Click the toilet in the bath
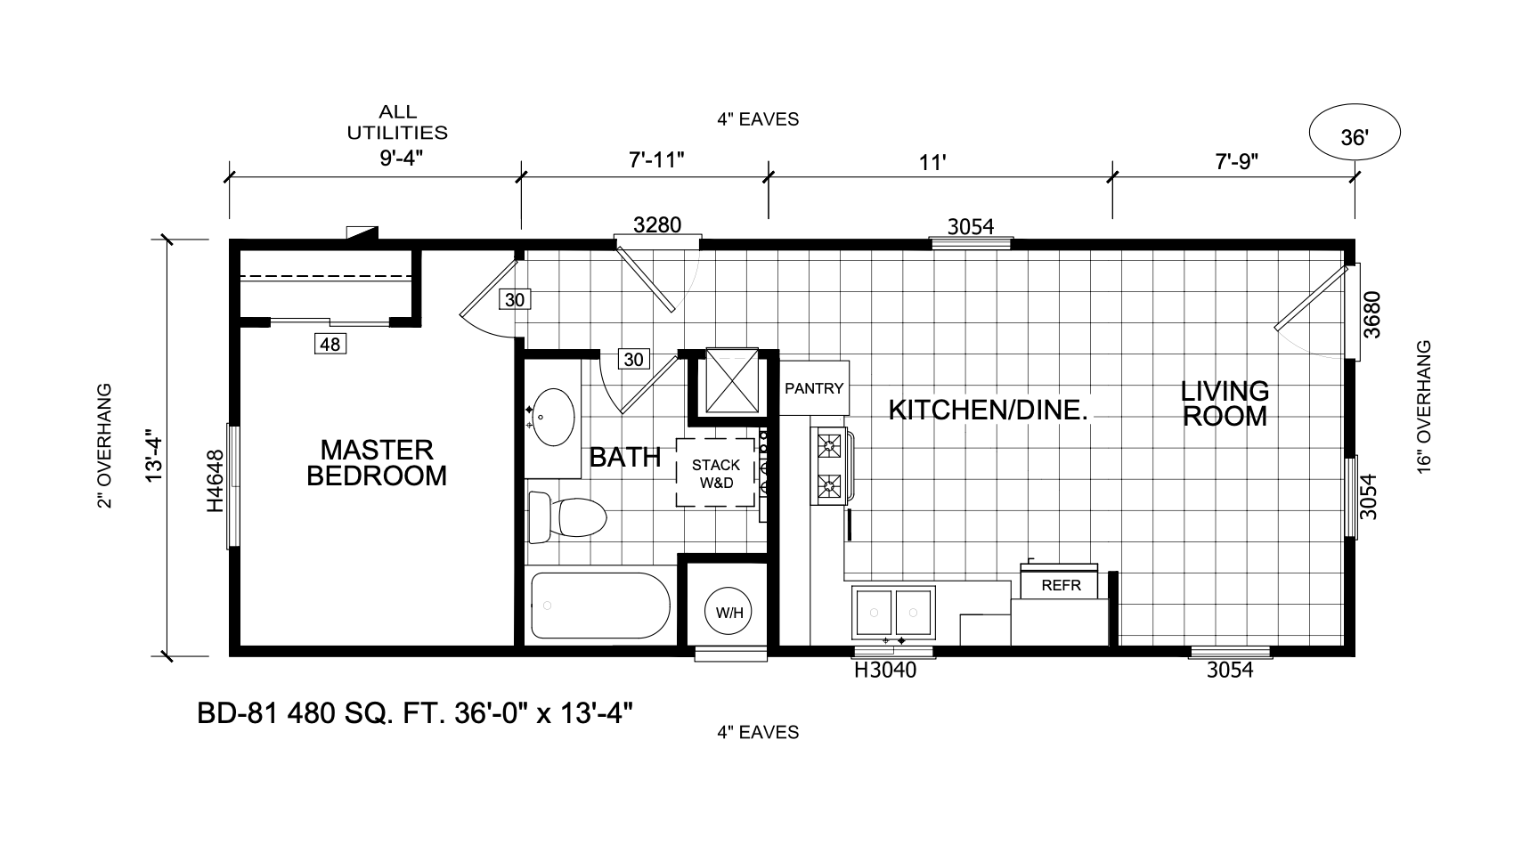pyautogui.click(x=567, y=516)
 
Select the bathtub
pyautogui.click(x=599, y=606)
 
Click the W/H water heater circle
pyautogui.click(x=729, y=612)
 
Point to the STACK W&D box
pyautogui.click(x=716, y=473)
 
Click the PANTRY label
pyautogui.click(x=814, y=388)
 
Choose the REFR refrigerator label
pyautogui.click(x=1061, y=585)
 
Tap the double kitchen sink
pyautogui.click(x=893, y=613)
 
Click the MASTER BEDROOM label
pyautogui.click(x=377, y=462)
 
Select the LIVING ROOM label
pyautogui.click(x=1225, y=403)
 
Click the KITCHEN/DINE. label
pyautogui.click(x=989, y=410)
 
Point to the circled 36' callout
pyautogui.click(x=1355, y=134)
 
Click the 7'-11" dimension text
pyautogui.click(x=656, y=160)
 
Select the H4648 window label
pyautogui.click(x=216, y=482)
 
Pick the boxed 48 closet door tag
pyautogui.click(x=330, y=344)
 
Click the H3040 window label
pyautogui.click(x=885, y=671)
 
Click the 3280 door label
pyautogui.click(x=657, y=224)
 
